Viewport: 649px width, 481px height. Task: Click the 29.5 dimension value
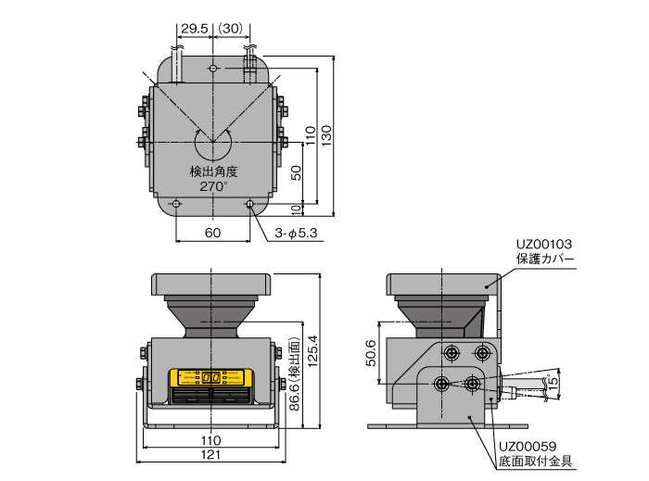tap(193, 30)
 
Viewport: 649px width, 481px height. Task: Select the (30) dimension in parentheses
tap(232, 30)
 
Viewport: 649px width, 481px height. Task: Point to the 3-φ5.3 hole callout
tap(297, 234)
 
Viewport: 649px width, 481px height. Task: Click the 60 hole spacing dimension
tap(212, 234)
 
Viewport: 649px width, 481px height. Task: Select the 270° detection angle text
tap(213, 186)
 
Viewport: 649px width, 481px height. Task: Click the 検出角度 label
tap(213, 171)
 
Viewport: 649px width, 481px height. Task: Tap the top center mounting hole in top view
tap(213, 69)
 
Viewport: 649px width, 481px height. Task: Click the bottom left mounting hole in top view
tap(176, 203)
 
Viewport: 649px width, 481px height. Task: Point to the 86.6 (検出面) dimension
tap(294, 380)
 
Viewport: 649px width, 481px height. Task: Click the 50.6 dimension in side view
tap(371, 352)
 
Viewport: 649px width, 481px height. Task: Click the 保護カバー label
tap(546, 259)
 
